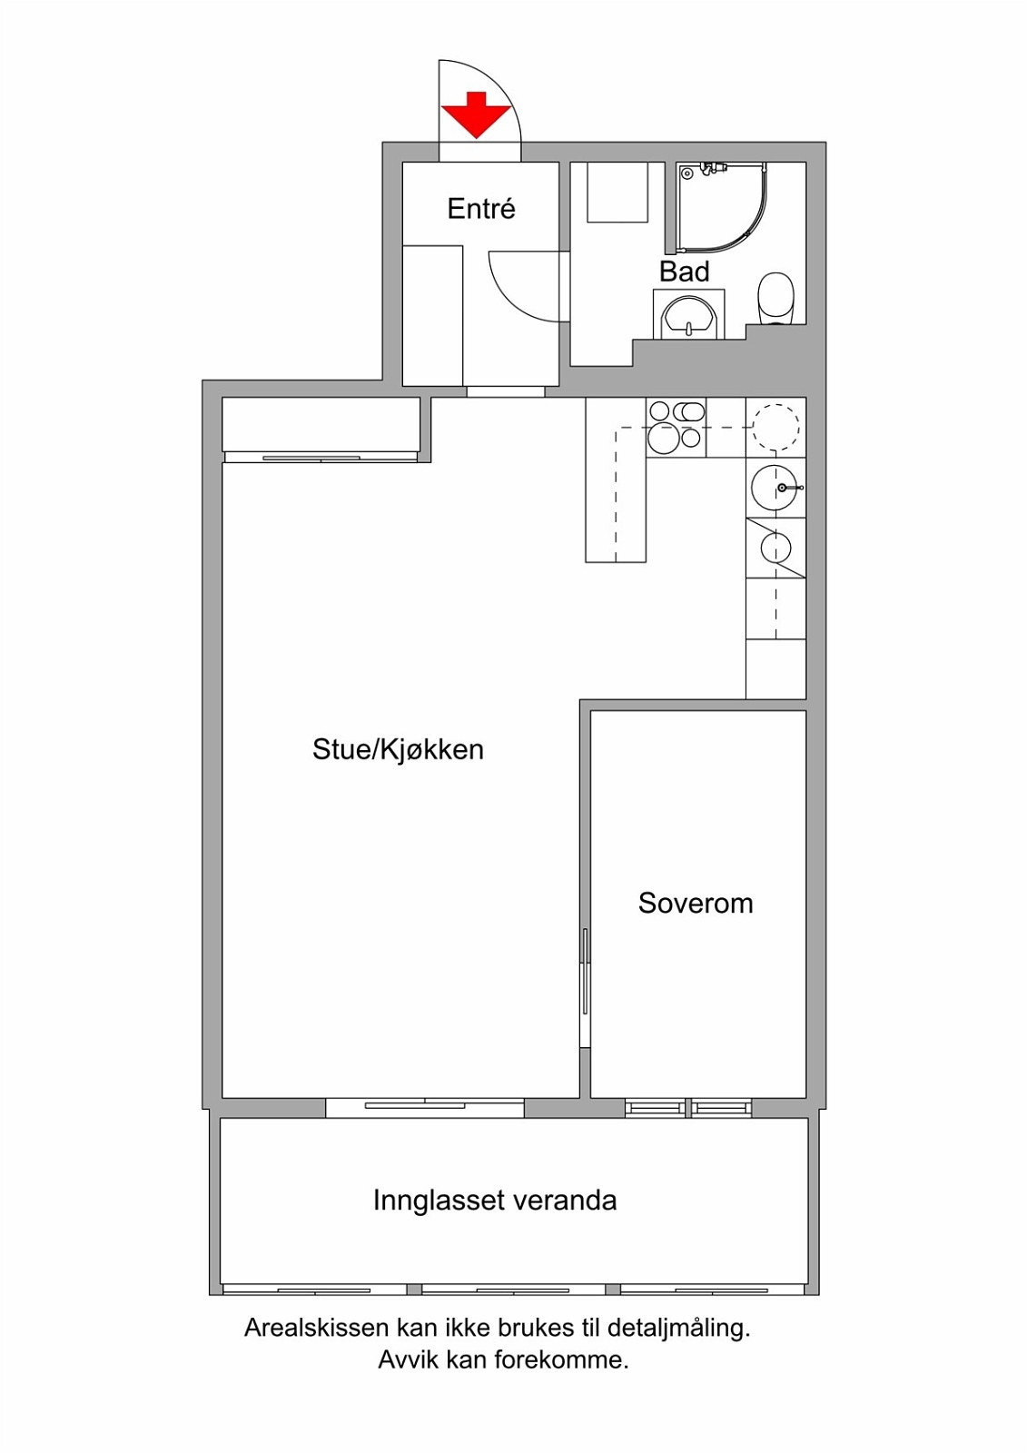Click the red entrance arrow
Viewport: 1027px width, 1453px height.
click(477, 115)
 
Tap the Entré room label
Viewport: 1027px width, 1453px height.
click(481, 209)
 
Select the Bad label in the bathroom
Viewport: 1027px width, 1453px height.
click(685, 272)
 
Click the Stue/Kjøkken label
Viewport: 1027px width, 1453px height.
click(399, 750)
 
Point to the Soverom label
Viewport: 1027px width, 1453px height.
click(696, 903)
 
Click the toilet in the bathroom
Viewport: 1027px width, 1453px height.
click(776, 299)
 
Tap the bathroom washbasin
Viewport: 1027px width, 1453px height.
click(688, 317)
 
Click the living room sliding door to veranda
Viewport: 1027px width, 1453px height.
click(424, 1107)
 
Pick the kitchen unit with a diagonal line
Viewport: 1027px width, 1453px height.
click(776, 549)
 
